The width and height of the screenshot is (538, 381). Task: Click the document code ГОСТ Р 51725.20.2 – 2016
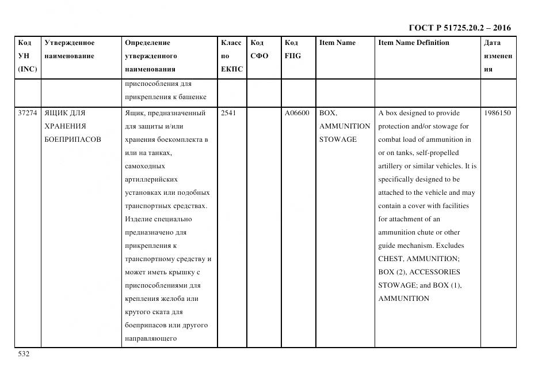[x=459, y=28]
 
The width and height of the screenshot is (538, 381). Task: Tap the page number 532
[x=24, y=354]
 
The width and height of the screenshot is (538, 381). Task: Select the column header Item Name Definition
[x=414, y=43]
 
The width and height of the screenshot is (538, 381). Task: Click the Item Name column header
[x=337, y=43]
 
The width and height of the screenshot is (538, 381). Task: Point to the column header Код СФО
[x=259, y=49]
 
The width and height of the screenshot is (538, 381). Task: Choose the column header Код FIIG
[x=292, y=49]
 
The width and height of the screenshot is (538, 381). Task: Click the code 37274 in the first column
[x=28, y=113]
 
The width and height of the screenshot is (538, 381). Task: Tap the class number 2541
[x=228, y=113]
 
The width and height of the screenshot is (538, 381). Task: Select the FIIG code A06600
[x=297, y=113]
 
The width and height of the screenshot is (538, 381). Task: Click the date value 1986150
[x=497, y=113]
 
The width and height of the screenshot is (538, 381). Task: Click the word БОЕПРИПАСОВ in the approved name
[x=73, y=139]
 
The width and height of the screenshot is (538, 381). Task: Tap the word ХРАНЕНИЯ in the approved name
[x=65, y=126]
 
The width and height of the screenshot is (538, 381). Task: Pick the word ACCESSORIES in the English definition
[x=434, y=272]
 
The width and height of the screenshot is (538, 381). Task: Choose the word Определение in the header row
[x=147, y=43]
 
